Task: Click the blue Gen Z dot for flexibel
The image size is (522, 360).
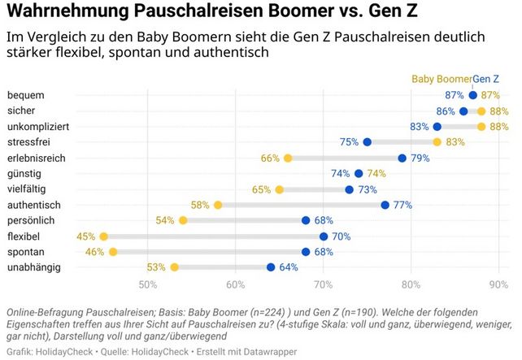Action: click(324, 236)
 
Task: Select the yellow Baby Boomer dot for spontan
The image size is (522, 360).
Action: click(112, 252)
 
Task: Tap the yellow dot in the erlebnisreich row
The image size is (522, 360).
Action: click(288, 158)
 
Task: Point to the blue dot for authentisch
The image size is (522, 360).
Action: click(385, 205)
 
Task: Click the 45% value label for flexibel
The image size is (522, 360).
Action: click(86, 236)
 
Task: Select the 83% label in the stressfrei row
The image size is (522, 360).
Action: click(455, 142)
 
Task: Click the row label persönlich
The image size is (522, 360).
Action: click(30, 220)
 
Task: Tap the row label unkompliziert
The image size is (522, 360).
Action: click(37, 127)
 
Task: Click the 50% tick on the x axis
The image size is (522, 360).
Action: click(148, 284)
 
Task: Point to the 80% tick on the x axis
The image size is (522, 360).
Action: click(411, 284)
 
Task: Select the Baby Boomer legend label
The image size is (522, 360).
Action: click(442, 79)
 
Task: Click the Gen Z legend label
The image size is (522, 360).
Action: click(486, 79)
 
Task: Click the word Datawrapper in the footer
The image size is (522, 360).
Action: click(272, 352)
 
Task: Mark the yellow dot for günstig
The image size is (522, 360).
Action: click(368, 173)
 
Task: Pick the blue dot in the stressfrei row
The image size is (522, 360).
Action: click(368, 142)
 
